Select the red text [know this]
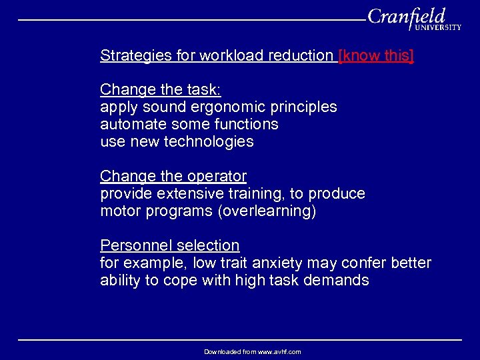(376, 55)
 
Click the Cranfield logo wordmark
(406, 16)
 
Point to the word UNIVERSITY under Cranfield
(437, 28)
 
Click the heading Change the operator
(173, 176)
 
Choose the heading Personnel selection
(169, 245)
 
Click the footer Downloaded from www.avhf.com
(252, 351)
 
